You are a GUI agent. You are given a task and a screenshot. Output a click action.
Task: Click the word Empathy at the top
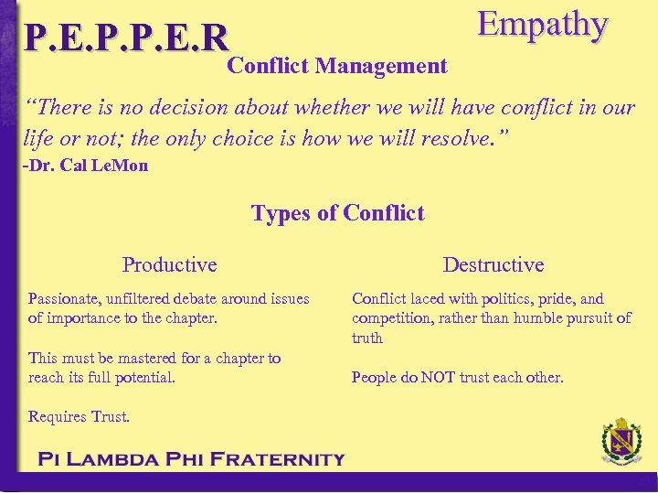coord(542,25)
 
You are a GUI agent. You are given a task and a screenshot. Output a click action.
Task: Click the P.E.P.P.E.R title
coord(126,38)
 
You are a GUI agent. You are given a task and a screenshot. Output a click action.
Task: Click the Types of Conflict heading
coord(337,213)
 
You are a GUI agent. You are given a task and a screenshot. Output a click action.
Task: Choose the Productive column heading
coord(169,264)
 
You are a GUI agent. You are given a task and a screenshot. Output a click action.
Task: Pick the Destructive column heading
coord(493,264)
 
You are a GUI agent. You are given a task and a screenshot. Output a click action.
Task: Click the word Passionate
coord(66,298)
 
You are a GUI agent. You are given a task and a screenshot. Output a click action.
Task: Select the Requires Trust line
coord(79,416)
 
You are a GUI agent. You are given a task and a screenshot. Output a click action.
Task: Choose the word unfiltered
coord(140,298)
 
